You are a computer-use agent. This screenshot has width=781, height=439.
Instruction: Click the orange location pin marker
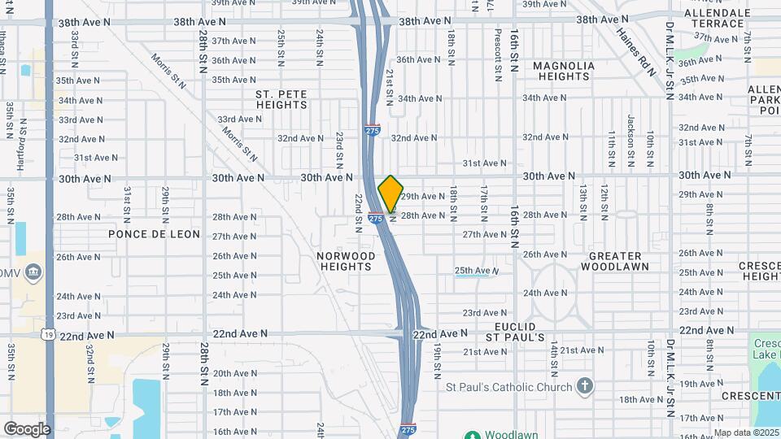tap(390, 193)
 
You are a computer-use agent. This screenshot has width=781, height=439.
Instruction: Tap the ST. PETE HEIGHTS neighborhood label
tap(281, 99)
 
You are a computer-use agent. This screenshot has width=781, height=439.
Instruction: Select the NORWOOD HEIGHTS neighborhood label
tap(347, 261)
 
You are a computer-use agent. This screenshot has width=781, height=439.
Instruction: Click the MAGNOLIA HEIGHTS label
tap(563, 71)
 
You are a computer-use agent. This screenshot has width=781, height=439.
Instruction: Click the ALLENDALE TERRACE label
tap(717, 18)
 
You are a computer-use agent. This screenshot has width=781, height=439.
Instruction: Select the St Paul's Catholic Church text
tap(509, 386)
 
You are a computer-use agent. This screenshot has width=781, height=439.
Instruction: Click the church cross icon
tap(584, 386)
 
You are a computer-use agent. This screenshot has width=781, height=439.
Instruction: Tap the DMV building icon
tap(33, 271)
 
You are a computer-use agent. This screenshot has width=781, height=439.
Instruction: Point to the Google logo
tap(27, 429)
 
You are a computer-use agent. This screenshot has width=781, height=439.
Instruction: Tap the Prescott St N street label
tap(498, 55)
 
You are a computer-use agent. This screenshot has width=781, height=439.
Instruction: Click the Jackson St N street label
tap(630, 130)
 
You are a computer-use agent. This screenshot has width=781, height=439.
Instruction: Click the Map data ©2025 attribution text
tap(747, 432)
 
